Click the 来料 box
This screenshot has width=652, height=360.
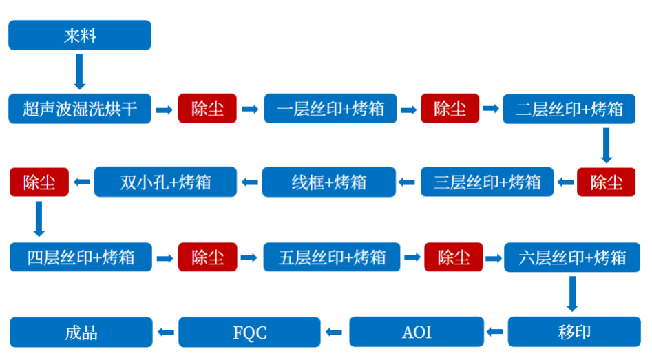tap(79, 35)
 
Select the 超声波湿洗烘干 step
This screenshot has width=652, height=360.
tap(80, 109)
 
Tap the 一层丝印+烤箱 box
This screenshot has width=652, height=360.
tap(330, 109)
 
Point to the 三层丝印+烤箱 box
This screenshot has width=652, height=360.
tap(487, 182)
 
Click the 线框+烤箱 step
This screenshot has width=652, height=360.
tap(329, 182)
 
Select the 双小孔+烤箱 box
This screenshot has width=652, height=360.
tap(165, 182)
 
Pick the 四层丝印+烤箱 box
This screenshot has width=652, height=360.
tap(80, 257)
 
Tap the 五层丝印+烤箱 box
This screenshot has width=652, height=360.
tap(332, 257)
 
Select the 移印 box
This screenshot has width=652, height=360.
tap(574, 332)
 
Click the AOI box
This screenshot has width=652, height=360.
tap(416, 332)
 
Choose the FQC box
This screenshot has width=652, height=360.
tap(249, 332)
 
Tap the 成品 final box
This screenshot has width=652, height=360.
tap(81, 332)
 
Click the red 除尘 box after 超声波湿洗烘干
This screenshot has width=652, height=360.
tap(207, 109)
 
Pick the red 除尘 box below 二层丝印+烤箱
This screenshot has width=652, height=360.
tap(606, 182)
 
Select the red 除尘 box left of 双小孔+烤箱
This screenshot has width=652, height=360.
tap(39, 182)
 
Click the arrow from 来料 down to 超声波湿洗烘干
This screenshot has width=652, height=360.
tap(80, 72)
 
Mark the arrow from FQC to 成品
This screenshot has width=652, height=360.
tap(165, 332)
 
